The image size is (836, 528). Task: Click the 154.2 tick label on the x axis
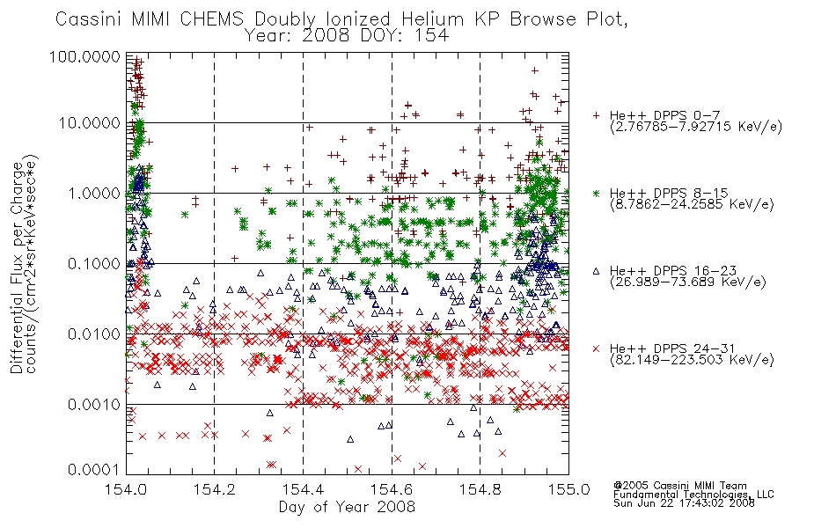215,489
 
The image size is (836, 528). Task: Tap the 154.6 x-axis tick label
392,489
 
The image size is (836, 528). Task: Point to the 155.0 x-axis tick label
568,489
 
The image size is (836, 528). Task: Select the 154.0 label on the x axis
126,489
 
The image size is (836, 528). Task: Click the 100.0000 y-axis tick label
84,56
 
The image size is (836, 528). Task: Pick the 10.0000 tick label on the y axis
89,123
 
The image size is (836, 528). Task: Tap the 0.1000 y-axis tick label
94,264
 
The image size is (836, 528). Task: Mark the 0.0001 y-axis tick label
94,470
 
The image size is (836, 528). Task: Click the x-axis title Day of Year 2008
347,507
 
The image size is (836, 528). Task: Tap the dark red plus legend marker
596,115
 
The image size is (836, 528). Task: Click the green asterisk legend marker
596,193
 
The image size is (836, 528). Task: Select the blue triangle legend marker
596,271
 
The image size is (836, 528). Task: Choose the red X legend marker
596,348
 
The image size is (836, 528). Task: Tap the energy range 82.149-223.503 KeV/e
692,360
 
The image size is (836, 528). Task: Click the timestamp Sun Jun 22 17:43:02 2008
684,503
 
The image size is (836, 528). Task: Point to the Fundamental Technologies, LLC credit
693,495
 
